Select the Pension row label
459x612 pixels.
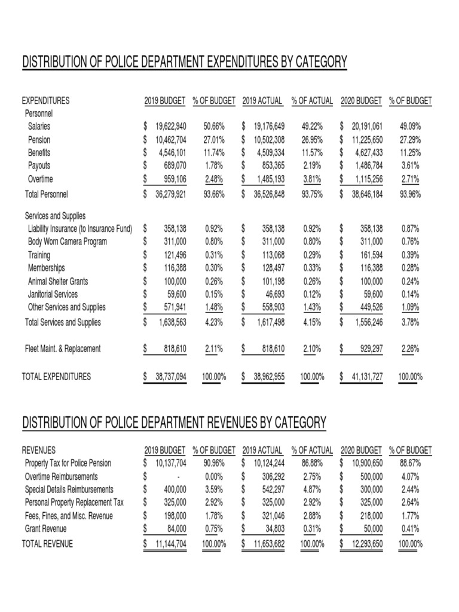coord(39,139)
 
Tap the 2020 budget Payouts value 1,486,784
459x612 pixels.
coord(366,166)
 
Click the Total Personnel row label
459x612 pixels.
coord(46,194)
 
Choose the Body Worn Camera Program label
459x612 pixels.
coord(68,241)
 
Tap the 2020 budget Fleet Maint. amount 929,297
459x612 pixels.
coord(368,348)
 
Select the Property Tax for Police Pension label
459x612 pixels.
coord(68,463)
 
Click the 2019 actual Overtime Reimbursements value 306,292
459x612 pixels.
coord(271,476)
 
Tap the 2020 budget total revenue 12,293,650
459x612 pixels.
coord(363,544)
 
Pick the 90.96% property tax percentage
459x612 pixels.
coord(214,463)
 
